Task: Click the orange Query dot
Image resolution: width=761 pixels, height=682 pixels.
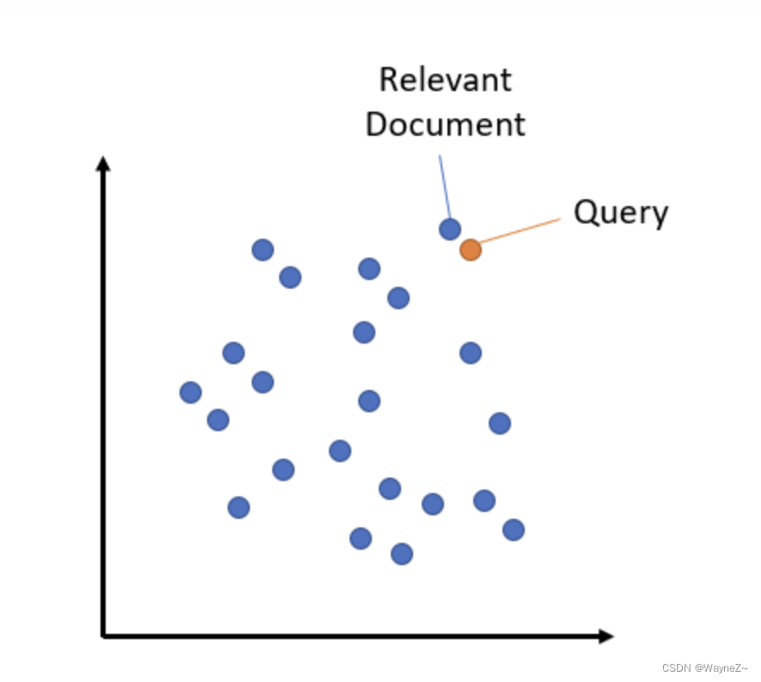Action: tap(470, 250)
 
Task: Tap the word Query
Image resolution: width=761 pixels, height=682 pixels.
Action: tap(620, 211)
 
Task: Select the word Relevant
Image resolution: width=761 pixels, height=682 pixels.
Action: tap(445, 80)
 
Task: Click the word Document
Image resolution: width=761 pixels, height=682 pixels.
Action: tap(445, 124)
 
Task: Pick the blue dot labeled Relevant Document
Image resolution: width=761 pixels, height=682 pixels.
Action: tap(450, 229)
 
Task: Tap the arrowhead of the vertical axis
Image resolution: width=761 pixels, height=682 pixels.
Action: tap(103, 163)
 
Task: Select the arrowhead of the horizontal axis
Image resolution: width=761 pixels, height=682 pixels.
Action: tap(606, 636)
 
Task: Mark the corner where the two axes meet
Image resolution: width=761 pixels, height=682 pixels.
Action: tap(104, 636)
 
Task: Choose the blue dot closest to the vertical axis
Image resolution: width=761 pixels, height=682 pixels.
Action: tap(191, 393)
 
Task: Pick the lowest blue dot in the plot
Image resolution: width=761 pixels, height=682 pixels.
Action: tap(402, 554)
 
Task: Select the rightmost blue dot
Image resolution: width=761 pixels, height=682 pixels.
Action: tap(514, 530)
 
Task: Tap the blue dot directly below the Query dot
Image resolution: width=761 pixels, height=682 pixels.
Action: tap(470, 352)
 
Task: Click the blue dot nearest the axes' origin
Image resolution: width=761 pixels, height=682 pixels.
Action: tap(239, 508)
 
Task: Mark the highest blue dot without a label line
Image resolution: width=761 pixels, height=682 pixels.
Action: tap(263, 250)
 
